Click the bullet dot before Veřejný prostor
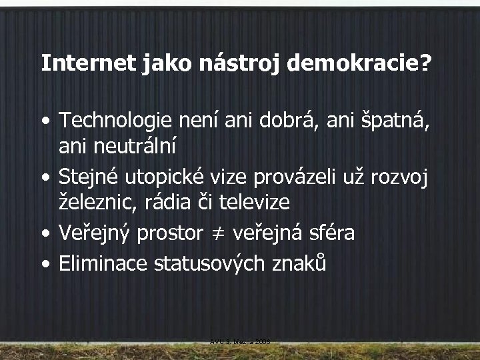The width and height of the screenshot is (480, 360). [45, 233]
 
